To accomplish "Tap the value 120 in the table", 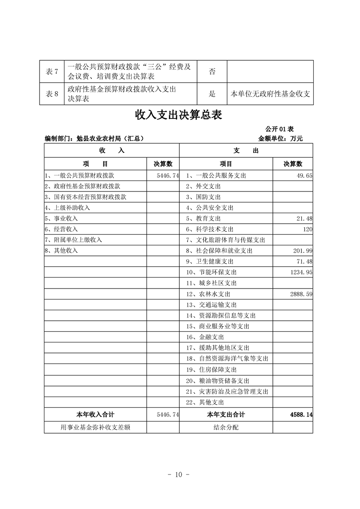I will pos(307,229).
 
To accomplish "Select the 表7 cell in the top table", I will pos(53,72).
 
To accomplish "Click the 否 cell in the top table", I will pos(212,72).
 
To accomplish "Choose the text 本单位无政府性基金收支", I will pos(270,94).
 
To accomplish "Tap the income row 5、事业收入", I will pos(61,218).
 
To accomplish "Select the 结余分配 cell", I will pos(226,427).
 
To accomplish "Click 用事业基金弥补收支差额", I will pos(95,427).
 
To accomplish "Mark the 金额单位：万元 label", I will pos(280,138).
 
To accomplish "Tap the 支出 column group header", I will pos(246,151).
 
